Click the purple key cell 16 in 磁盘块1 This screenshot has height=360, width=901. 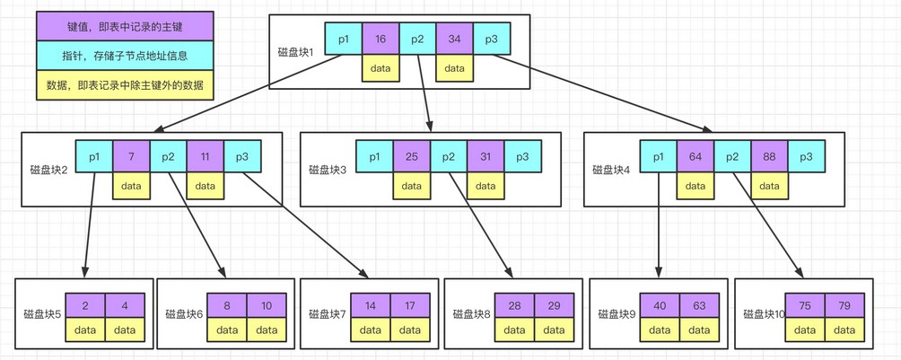click(x=381, y=40)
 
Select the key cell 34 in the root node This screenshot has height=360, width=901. click(x=454, y=40)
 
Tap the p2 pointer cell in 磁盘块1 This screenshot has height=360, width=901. click(x=417, y=40)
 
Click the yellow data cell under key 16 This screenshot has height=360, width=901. click(x=381, y=68)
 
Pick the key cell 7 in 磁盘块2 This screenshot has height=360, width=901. click(x=131, y=157)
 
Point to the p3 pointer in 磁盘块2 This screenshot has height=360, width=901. click(x=242, y=157)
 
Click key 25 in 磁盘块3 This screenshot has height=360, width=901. click(x=411, y=158)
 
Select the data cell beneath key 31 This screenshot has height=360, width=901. click(x=485, y=187)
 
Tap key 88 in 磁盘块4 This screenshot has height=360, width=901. click(x=769, y=157)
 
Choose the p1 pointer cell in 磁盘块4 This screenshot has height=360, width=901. click(x=659, y=157)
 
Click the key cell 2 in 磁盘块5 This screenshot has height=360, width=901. click(x=85, y=305)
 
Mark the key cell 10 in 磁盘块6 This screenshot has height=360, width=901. click(x=267, y=305)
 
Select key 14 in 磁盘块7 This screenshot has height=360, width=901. click(x=371, y=305)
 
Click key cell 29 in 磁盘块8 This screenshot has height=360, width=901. click(x=554, y=305)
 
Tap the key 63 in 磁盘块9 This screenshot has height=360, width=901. click(x=699, y=305)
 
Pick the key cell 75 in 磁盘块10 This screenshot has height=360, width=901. click(x=805, y=305)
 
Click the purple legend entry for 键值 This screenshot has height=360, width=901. click(x=125, y=26)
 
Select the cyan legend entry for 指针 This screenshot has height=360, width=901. click(x=125, y=56)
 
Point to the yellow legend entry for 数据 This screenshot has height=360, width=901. click(x=125, y=85)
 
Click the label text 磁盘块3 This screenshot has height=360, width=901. click(x=328, y=169)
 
